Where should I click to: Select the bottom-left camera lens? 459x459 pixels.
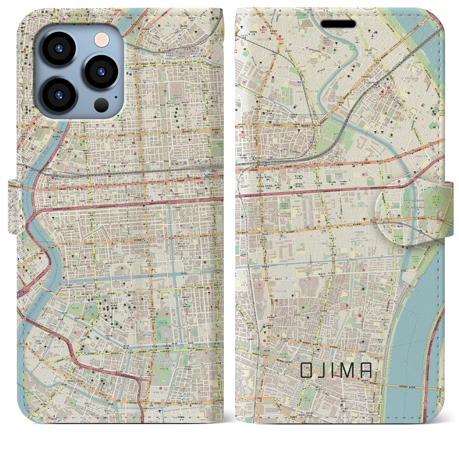58,95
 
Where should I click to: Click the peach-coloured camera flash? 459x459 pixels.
101,39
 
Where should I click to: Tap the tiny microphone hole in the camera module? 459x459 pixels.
116,96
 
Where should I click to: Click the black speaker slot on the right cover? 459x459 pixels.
338,24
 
